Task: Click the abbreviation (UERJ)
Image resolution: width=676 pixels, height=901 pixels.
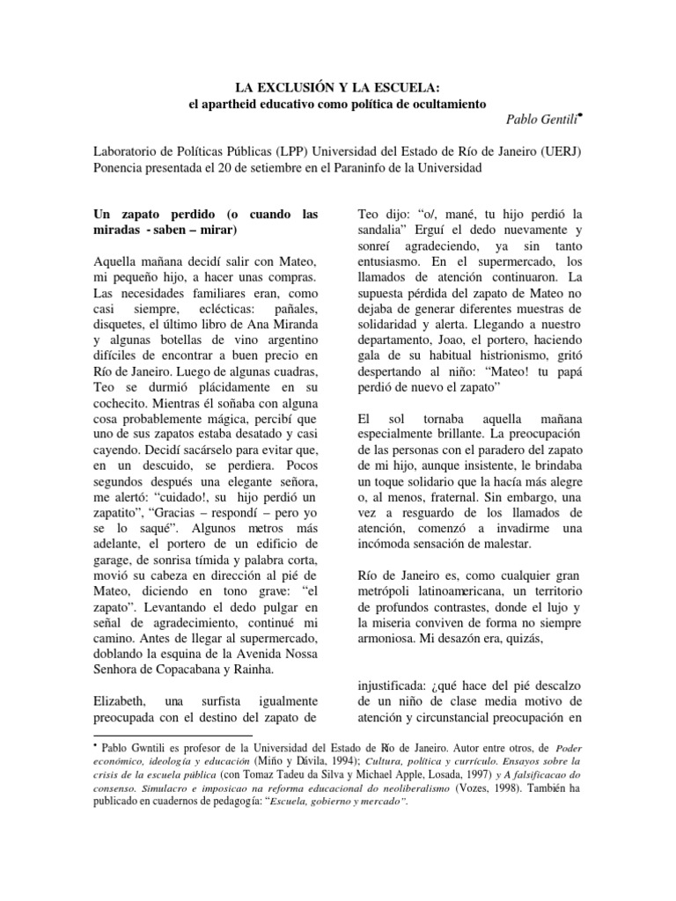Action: tap(561, 150)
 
